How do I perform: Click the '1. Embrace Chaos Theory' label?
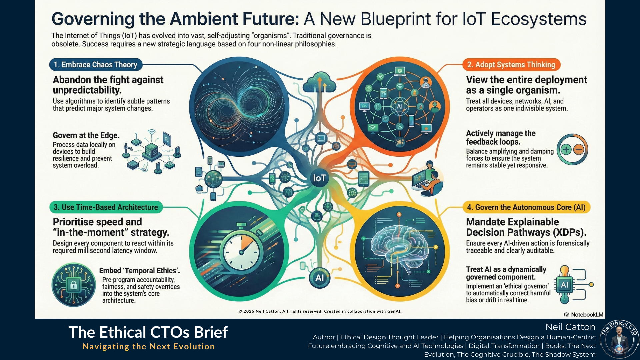[96, 65]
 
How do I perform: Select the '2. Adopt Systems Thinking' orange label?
[511, 65]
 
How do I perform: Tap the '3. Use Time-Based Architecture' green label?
[106, 207]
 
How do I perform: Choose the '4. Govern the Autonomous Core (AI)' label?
[526, 207]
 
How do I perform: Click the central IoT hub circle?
[319, 178]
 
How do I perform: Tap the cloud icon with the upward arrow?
[319, 82]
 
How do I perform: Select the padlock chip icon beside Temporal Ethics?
[74, 285]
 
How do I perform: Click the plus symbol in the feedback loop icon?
[566, 149]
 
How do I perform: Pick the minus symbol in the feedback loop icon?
[578, 149]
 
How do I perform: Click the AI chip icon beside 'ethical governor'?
[564, 285]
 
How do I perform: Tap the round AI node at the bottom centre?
[319, 278]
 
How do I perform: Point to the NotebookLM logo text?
[583, 315]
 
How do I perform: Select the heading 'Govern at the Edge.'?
[86, 135]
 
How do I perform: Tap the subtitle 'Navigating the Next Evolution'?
[148, 347]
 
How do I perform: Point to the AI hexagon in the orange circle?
[399, 106]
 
